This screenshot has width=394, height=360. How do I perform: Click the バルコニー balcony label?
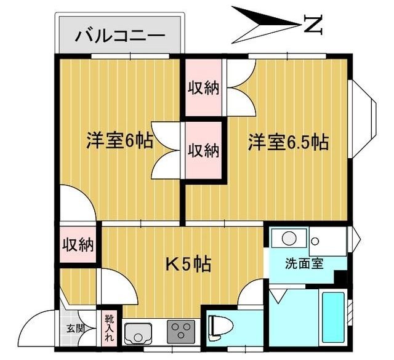pos(121,36)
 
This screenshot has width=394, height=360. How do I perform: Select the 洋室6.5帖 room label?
pos(287,142)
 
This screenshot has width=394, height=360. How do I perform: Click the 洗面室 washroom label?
pos(304,264)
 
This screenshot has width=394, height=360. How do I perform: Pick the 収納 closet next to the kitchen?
pos(78,244)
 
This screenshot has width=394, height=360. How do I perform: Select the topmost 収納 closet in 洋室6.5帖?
pos(203,87)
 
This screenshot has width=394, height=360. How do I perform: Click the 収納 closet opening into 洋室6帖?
pos(203,150)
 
